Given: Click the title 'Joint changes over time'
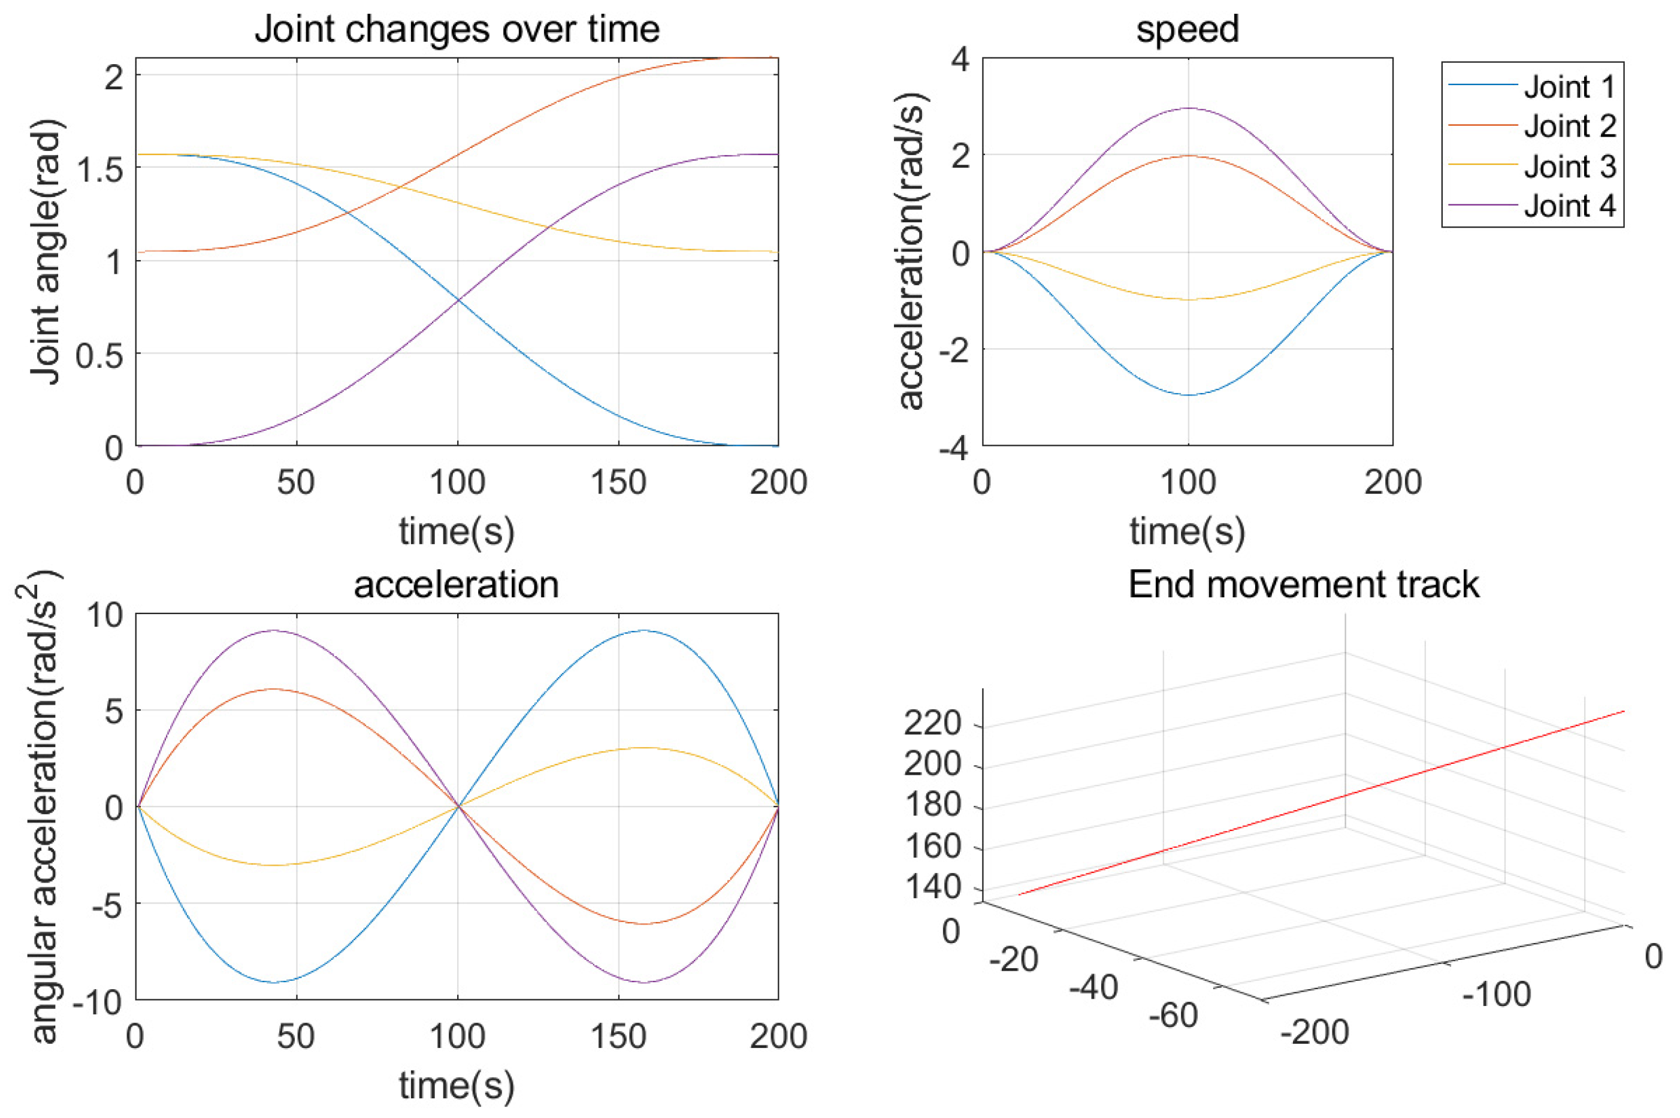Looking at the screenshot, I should click(x=457, y=30).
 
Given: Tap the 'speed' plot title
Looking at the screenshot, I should click(x=1188, y=30).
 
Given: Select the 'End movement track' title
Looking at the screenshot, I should click(x=1304, y=585).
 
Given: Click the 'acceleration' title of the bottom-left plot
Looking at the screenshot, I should click(x=457, y=585).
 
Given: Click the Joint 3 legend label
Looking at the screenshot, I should click(x=1569, y=167).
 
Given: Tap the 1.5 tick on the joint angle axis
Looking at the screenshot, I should click(x=99, y=168).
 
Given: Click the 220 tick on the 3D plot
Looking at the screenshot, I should click(x=932, y=724).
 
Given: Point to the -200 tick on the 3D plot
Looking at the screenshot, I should click(x=1314, y=1032).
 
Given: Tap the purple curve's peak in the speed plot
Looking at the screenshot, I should click(x=1188, y=108).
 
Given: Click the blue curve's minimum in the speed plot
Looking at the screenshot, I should click(x=1188, y=394).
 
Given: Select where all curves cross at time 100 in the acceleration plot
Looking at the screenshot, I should click(x=457, y=806).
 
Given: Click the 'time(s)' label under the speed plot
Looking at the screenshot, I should click(x=1188, y=531).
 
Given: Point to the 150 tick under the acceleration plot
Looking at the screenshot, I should click(x=618, y=1036).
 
